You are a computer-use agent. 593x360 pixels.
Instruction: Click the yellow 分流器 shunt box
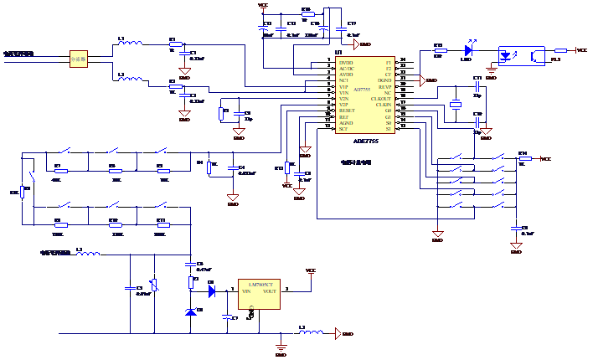pyautogui.click(x=78, y=59)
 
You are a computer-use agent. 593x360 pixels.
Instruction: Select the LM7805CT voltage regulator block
pyautogui.click(x=259, y=295)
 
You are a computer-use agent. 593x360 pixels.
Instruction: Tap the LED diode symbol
pyautogui.click(x=467, y=50)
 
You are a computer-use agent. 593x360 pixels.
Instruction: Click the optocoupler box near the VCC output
pyautogui.click(x=521, y=56)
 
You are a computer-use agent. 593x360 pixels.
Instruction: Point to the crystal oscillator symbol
pyautogui.click(x=456, y=105)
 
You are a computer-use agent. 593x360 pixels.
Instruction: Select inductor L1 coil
pyautogui.click(x=130, y=42)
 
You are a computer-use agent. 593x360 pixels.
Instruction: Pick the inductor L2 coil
pyautogui.click(x=130, y=78)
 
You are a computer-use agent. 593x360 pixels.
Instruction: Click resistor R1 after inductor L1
pyautogui.click(x=175, y=44)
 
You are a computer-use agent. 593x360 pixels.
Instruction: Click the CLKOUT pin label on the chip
pyautogui.click(x=381, y=99)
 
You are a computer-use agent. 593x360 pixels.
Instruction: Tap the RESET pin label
pyautogui.click(x=347, y=111)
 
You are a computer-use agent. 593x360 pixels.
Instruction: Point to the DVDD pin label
pyautogui.click(x=346, y=63)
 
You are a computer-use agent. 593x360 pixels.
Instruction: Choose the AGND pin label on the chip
pyautogui.click(x=346, y=123)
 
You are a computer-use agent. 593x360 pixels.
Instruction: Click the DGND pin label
pyautogui.click(x=384, y=80)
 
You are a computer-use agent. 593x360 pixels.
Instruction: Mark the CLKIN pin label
pyautogui.click(x=382, y=105)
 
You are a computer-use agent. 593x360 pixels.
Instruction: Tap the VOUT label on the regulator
pyautogui.click(x=270, y=291)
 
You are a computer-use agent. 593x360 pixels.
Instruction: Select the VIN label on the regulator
pyautogui.click(x=246, y=291)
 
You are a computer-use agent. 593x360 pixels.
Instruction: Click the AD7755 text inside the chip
pyautogui.click(x=362, y=89)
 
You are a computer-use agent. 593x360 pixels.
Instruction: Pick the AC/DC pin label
pyautogui.click(x=347, y=69)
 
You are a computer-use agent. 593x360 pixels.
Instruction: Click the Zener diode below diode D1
pyautogui.click(x=192, y=312)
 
